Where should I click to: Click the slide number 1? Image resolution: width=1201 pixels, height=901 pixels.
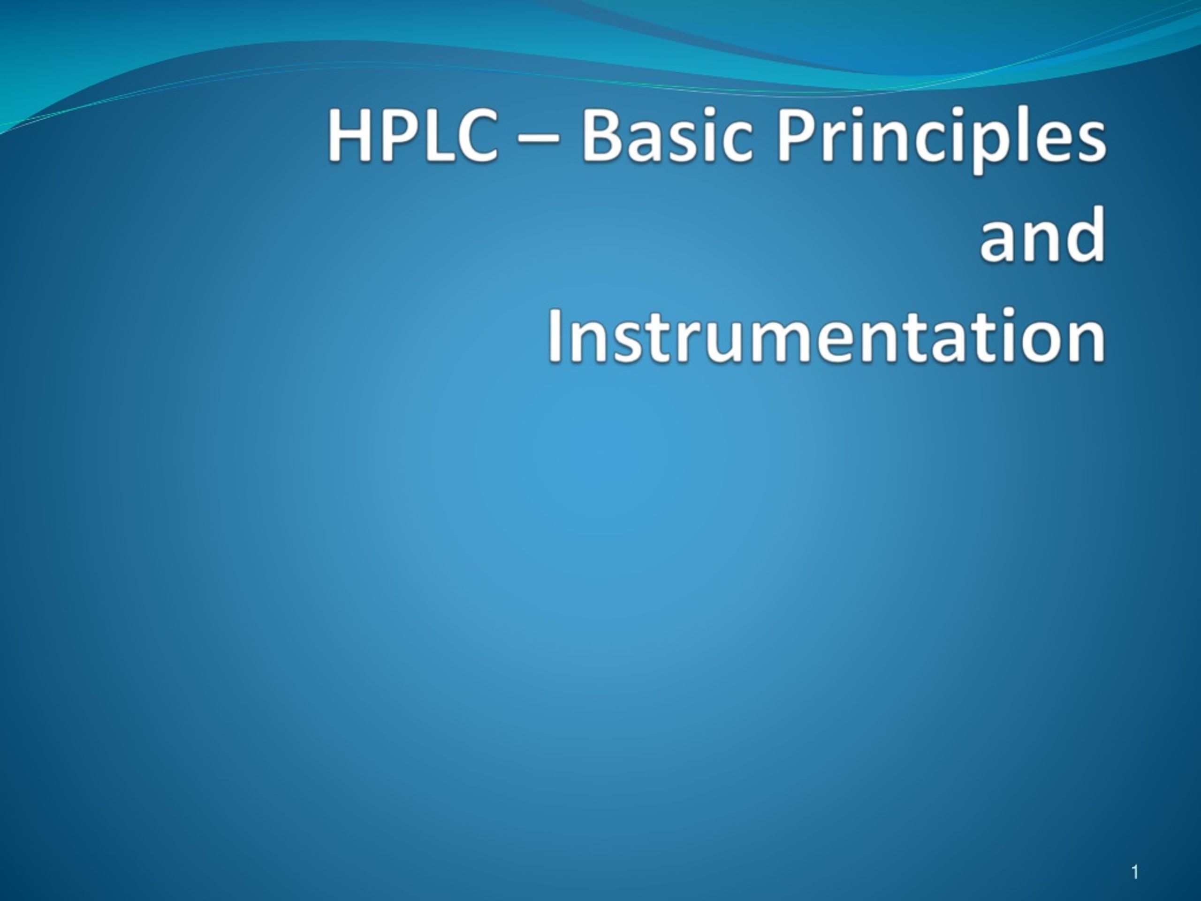point(1134,873)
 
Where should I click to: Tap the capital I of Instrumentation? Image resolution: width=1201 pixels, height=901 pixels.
point(555,335)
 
